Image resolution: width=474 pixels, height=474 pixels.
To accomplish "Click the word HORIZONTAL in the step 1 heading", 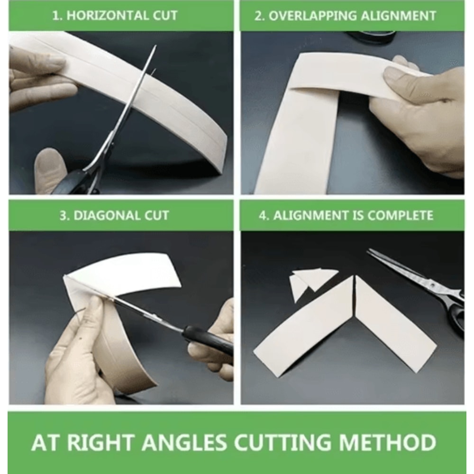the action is coord(108,16).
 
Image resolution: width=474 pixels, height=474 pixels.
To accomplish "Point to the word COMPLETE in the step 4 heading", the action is coord(400,216).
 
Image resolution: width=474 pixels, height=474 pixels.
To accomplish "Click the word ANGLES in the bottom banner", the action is coord(184,442).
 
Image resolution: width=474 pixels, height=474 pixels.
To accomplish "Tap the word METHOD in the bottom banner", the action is coord(388,442).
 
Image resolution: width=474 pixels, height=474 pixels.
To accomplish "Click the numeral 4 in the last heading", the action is coord(262,216).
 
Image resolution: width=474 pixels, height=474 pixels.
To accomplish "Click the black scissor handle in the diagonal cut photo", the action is coord(209,339).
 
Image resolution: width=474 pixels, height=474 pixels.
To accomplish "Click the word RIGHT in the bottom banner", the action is coord(100,442).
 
